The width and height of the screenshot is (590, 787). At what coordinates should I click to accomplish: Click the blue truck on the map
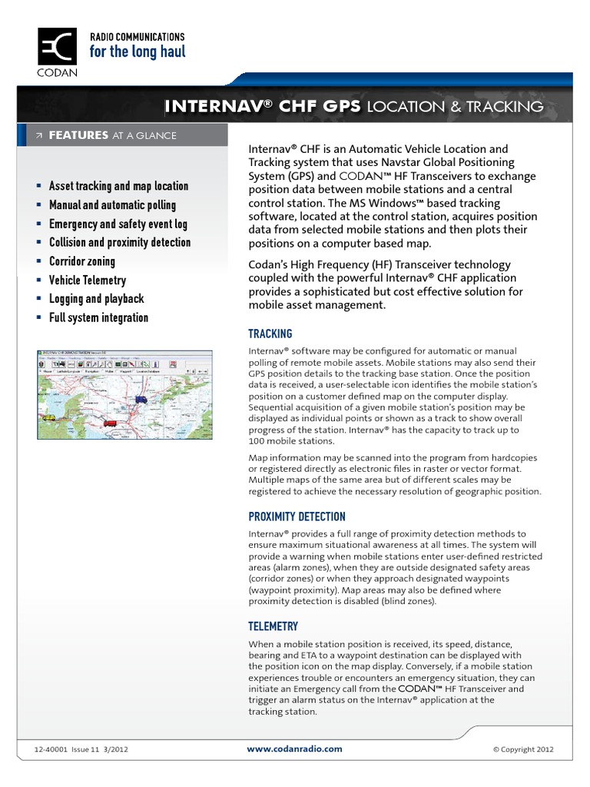click(x=140, y=399)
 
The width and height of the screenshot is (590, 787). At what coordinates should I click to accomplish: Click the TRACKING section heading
click(x=270, y=334)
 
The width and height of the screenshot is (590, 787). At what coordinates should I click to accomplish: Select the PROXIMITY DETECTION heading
click(x=297, y=516)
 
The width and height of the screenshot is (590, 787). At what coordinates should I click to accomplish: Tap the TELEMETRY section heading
click(x=273, y=626)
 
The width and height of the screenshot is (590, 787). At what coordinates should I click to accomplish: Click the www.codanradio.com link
click(x=294, y=749)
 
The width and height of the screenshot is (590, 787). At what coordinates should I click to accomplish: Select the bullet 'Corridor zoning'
click(x=82, y=261)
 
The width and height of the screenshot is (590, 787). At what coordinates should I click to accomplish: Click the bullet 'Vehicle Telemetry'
click(x=88, y=281)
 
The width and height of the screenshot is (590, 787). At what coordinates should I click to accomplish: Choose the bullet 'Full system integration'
click(x=98, y=317)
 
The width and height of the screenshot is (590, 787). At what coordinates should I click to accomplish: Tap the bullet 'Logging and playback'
click(x=96, y=299)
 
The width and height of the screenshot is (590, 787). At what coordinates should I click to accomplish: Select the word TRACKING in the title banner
click(x=499, y=107)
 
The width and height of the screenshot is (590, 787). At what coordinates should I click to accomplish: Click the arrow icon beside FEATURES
click(x=39, y=136)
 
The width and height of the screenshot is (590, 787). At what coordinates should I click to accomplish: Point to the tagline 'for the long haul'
click(x=138, y=52)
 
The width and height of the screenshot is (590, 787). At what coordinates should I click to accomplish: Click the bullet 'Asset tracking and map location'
click(x=118, y=186)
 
